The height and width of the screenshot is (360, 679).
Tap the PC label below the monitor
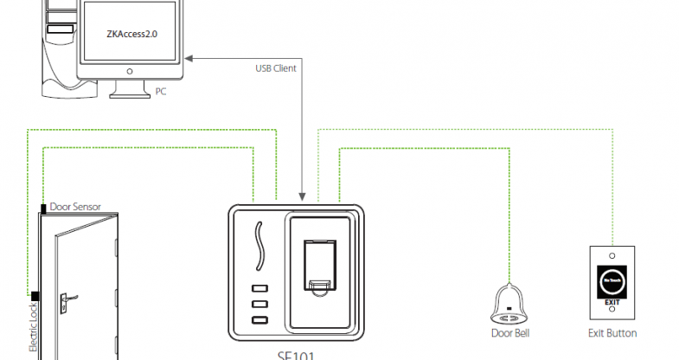[x=161, y=91]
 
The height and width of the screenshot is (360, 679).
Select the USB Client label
[x=277, y=67]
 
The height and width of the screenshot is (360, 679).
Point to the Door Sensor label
[x=75, y=207]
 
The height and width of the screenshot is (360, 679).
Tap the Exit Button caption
[x=612, y=333]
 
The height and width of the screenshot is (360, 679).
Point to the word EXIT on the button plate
[x=612, y=302]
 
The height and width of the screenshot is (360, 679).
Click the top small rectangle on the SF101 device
[x=259, y=290]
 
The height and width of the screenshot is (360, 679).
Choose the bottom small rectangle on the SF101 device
[x=259, y=321]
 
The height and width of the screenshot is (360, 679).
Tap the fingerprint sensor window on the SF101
[x=321, y=259]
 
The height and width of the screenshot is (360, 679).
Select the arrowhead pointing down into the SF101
[x=300, y=197]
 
